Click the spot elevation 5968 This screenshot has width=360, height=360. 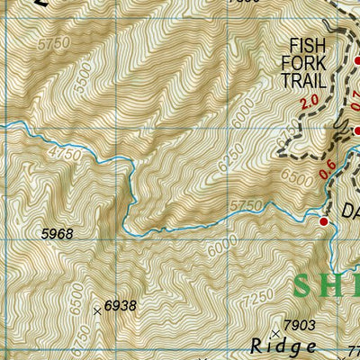[x=57, y=234]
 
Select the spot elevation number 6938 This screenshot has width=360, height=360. [x=120, y=306]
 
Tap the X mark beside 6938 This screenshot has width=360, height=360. [x=97, y=311]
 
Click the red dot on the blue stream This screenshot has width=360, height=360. [x=324, y=220]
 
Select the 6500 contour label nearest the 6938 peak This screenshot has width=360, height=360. [x=75, y=296]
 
